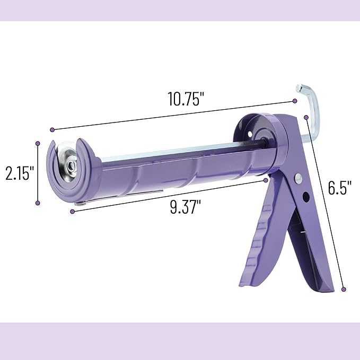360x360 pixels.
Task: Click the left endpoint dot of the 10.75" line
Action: click(52, 129)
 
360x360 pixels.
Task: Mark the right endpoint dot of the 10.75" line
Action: click(295, 101)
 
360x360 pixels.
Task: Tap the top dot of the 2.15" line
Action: click(38, 143)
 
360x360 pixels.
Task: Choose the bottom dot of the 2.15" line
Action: click(38, 202)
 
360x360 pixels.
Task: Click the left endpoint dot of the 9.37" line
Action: click(72, 211)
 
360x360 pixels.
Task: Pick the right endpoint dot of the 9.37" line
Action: click(266, 180)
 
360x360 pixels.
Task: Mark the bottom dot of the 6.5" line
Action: click(344, 289)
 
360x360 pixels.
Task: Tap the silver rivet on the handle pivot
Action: click(299, 178)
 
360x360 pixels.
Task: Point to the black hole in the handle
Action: click(306, 197)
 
